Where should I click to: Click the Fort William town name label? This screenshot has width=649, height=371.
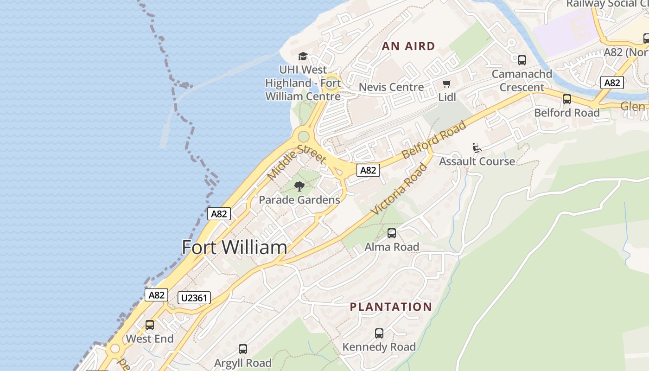point(234,247)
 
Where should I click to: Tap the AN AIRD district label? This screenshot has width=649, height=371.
point(408,46)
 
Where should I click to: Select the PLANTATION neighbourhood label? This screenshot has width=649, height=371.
point(391,307)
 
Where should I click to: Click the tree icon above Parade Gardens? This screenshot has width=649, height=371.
point(299,186)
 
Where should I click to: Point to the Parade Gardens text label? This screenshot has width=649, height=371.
point(299,200)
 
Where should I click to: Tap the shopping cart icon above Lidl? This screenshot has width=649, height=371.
point(446,84)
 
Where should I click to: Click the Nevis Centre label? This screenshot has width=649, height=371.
point(391,87)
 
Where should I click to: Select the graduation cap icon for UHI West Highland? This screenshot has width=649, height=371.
point(303,57)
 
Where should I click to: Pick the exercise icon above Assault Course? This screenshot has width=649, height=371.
point(477,148)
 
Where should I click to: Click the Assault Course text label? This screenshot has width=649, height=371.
point(477,161)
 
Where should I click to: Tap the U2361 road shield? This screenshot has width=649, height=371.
point(194,298)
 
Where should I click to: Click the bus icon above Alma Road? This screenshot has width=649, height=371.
point(392,233)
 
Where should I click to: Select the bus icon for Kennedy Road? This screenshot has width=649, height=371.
point(379,333)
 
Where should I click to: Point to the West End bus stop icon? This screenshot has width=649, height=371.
point(150,325)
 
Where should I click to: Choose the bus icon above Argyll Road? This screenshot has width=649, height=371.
point(243,349)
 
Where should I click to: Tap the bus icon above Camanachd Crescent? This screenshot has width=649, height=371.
point(522,60)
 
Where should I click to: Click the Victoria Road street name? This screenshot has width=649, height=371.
point(399,189)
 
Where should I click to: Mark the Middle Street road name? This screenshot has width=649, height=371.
point(297,161)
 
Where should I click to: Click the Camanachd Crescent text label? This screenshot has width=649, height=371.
point(522,81)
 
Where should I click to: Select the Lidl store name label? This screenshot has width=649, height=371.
point(447,97)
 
